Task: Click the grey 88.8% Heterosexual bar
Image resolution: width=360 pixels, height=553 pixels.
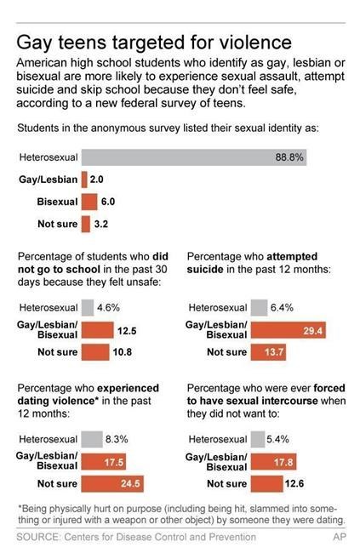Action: (x=194, y=157)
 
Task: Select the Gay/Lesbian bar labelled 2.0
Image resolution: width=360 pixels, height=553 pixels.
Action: (x=84, y=180)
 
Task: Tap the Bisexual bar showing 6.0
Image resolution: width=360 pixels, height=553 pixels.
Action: (x=89, y=202)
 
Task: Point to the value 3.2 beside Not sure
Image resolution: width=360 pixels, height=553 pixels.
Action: (x=101, y=224)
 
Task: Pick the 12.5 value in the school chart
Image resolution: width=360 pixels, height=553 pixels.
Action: (x=127, y=331)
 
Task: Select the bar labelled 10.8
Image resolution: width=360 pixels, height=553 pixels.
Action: (x=95, y=352)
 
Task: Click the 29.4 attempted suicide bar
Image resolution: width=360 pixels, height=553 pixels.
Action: (x=289, y=330)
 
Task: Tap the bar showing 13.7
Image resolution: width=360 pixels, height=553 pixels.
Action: (x=268, y=352)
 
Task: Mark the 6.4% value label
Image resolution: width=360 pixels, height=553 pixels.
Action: (x=282, y=307)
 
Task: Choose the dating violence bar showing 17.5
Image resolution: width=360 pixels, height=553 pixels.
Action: (x=104, y=462)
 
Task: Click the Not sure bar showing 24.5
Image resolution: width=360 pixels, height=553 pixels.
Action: (x=112, y=483)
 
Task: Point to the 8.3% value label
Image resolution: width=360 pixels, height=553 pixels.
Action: (x=117, y=439)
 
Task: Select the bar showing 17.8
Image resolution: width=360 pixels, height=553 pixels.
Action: (x=273, y=462)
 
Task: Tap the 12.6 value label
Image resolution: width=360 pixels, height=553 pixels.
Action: (x=294, y=483)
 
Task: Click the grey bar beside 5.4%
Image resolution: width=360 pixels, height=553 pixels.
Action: (x=258, y=439)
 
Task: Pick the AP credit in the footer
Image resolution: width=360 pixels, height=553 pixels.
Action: (x=340, y=537)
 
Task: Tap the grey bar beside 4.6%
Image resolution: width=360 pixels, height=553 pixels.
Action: (x=88, y=307)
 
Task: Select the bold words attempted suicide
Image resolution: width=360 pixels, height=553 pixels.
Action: (x=252, y=263)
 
